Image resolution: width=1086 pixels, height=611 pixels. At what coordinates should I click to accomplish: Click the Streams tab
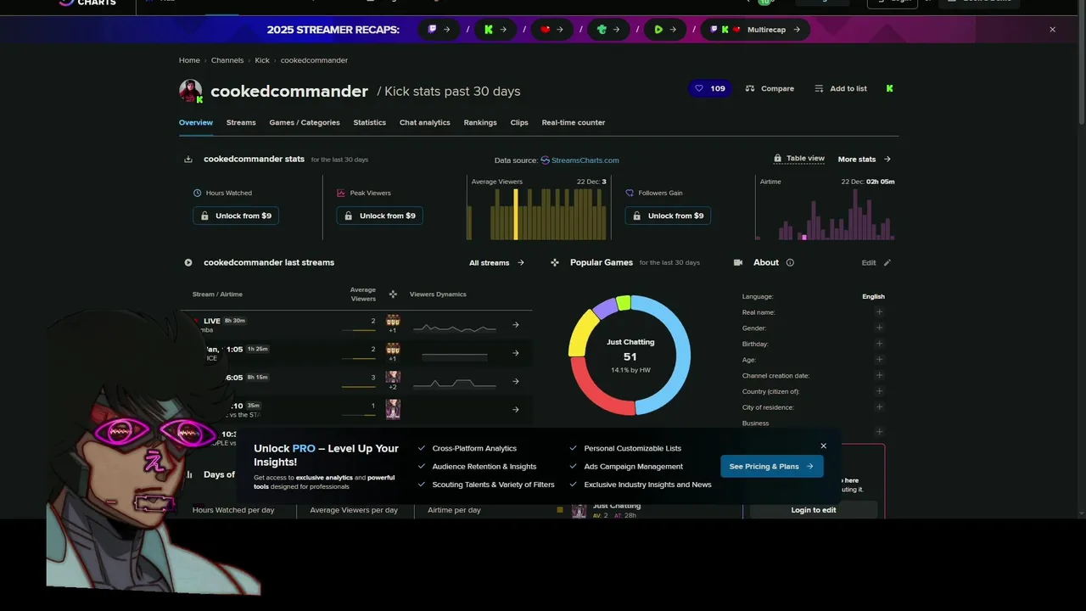[x=241, y=122]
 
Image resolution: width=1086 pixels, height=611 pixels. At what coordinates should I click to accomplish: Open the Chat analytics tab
[x=424, y=122]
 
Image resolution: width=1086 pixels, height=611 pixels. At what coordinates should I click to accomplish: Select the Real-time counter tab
[x=573, y=122]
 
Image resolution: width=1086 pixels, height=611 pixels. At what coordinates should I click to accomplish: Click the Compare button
[x=770, y=88]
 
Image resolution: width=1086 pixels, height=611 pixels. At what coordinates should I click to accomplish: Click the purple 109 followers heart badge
[x=710, y=88]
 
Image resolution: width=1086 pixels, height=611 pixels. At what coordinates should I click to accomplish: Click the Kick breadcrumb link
[x=262, y=60]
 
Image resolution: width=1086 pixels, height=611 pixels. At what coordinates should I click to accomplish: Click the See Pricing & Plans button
[x=771, y=466]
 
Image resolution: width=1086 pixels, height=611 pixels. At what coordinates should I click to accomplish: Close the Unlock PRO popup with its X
[x=823, y=446]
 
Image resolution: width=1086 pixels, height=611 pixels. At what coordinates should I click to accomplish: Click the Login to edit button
[x=813, y=510]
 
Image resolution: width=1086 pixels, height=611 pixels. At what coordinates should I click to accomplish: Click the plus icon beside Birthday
[x=879, y=344]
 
